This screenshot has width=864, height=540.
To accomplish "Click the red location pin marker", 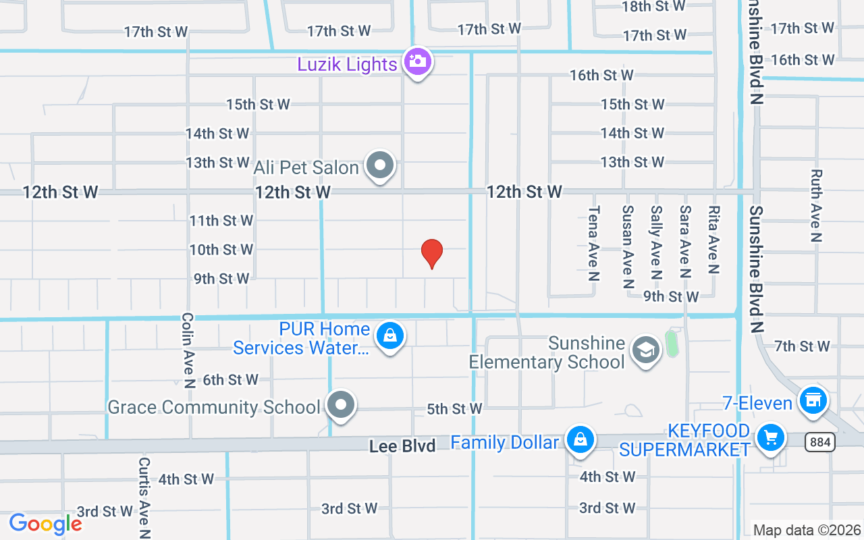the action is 432,253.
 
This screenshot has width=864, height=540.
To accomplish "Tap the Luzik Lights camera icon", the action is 418,62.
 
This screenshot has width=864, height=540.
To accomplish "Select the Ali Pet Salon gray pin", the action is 380,165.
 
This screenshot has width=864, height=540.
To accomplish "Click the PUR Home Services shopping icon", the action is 389,335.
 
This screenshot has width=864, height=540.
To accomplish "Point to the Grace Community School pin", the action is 341,406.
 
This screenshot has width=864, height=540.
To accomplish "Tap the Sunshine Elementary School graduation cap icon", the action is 646,350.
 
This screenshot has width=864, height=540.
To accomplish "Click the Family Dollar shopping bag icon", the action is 579,440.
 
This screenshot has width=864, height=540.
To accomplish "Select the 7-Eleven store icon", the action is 813,400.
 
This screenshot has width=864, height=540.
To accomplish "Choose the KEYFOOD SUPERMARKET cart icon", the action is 770,438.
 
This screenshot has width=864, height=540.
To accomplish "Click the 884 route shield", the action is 820,442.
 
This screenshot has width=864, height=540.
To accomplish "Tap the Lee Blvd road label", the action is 402,446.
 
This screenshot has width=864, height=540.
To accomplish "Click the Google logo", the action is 45,524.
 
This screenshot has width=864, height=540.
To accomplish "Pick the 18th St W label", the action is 653,6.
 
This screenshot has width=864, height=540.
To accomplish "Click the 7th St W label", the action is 802,346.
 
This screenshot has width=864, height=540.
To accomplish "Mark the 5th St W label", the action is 454,409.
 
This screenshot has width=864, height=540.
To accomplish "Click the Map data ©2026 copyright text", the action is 807,531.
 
